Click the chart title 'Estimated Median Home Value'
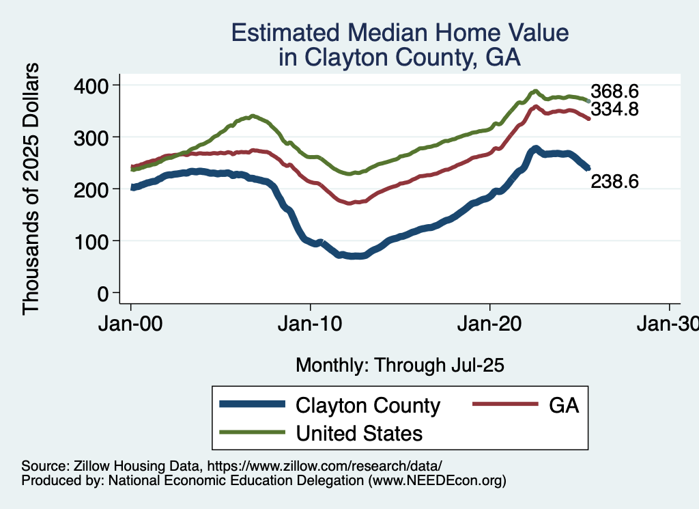tap(400, 33)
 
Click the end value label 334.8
tap(614, 109)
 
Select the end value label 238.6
tap(614, 182)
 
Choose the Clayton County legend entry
tap(368, 405)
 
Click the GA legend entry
tap(564, 405)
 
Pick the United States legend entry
tap(359, 432)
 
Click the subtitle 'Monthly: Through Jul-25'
tap(399, 366)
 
